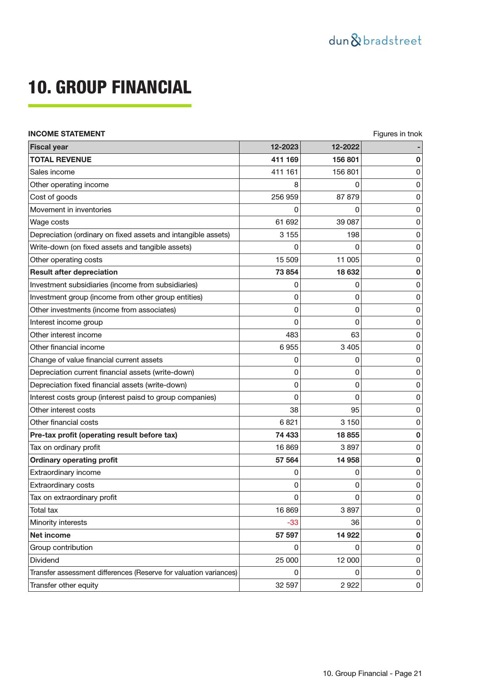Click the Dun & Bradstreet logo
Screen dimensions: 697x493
[375, 41]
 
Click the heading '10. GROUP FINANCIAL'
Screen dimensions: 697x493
[110, 87]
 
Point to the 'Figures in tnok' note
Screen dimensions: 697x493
[397, 134]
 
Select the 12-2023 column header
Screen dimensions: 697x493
[284, 147]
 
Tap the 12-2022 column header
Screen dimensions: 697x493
[345, 147]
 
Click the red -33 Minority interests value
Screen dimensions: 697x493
[292, 523]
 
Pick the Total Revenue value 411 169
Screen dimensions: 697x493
[284, 160]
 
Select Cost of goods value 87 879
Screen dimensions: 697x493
[348, 197]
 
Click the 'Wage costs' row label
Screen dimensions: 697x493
[49, 222]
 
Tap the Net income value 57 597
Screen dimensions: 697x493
[287, 535]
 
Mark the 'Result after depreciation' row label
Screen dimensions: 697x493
[74, 272]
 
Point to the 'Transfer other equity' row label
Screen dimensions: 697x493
[64, 585]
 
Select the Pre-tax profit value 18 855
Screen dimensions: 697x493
[348, 435]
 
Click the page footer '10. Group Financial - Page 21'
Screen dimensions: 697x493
[372, 674]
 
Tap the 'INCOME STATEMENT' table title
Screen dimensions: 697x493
[66, 134]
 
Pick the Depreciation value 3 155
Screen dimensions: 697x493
[289, 235]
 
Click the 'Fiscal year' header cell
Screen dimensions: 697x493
[49, 147]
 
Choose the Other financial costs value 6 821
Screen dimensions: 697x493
[289, 422]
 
